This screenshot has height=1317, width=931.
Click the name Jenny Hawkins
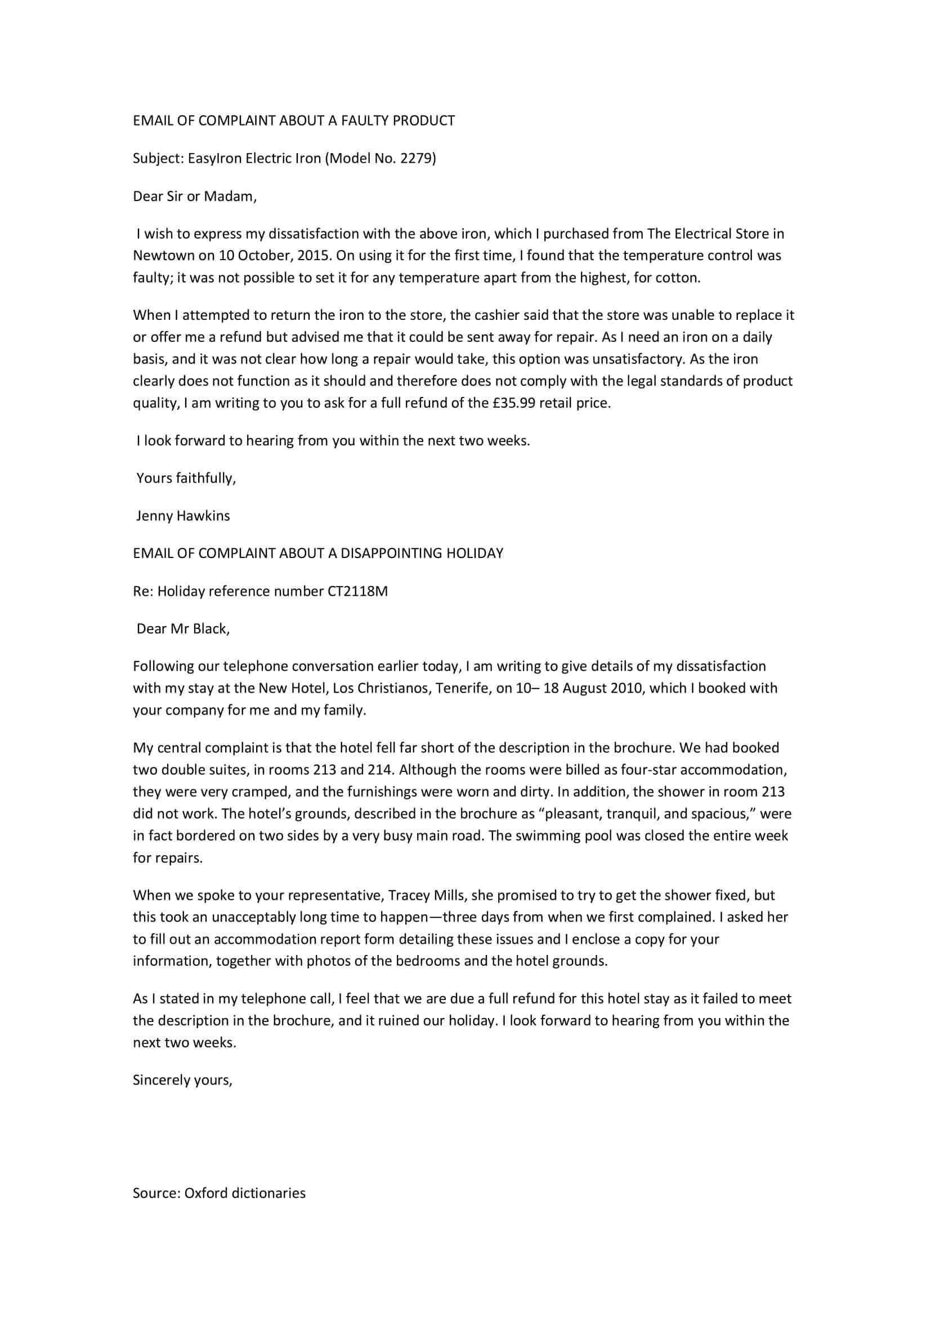coord(183,516)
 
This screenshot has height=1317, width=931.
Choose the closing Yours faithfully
coord(186,478)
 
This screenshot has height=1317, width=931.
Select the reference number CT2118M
coord(358,591)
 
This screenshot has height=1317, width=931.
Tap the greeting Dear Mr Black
coord(183,629)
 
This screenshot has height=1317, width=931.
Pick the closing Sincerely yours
coord(182,1080)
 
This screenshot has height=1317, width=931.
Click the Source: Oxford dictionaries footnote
coord(219,1193)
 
